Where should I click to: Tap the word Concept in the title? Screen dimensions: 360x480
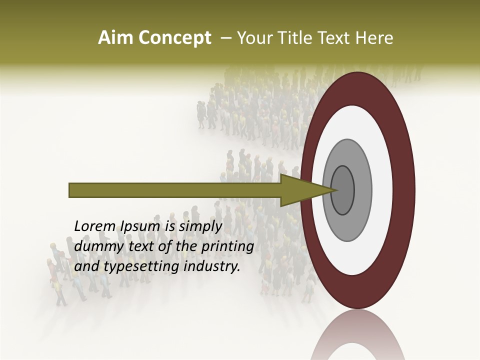[174, 38]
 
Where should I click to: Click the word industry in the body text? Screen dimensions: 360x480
[212, 267]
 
